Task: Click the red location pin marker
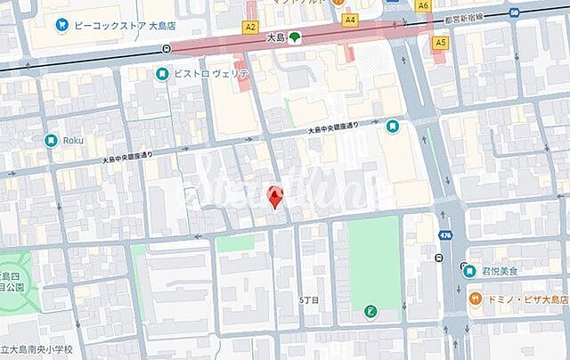coord(276,195)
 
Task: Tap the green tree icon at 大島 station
coord(294,37)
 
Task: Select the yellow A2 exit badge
coord(250,28)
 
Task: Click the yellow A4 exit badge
coord(350,19)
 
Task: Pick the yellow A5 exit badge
coord(440,42)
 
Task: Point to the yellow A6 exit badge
coord(423,4)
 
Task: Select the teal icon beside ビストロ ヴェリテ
coord(162,75)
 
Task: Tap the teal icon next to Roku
coord(52,140)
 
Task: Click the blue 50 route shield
coord(516,12)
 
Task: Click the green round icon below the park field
coord(371,311)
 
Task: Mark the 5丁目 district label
coord(308,300)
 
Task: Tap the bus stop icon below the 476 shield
coord(441,258)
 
